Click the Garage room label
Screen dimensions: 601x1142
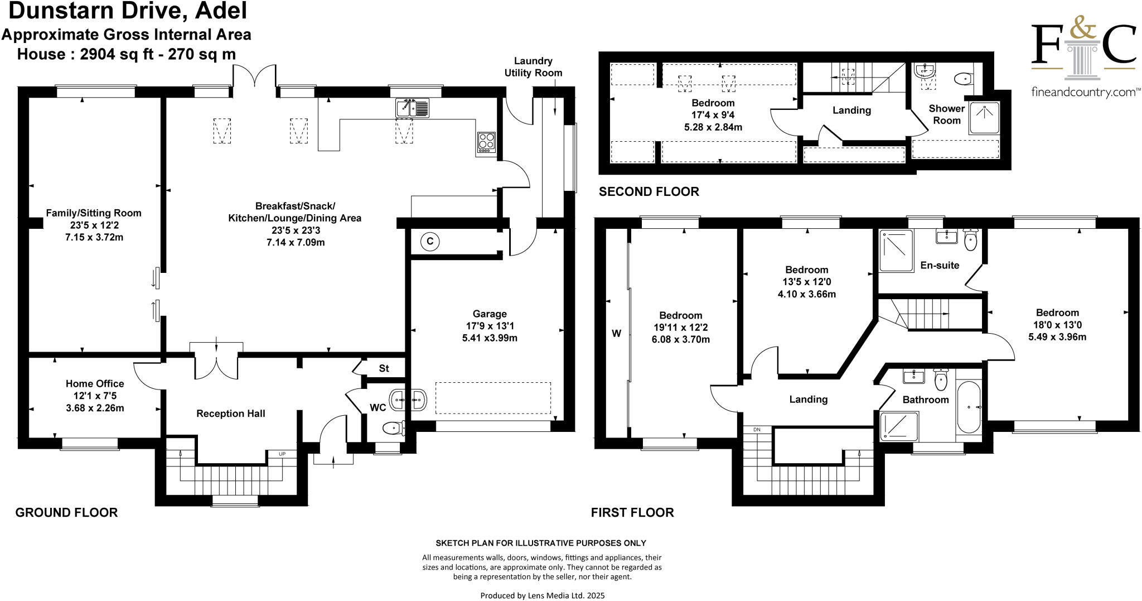click(x=490, y=314)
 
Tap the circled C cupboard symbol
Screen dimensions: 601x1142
click(x=429, y=242)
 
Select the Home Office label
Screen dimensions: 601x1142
click(x=95, y=383)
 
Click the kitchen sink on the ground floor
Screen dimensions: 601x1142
click(x=412, y=108)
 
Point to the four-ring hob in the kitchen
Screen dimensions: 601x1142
click(x=486, y=142)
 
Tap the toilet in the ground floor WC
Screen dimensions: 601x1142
click(x=392, y=429)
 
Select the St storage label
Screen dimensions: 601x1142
click(x=384, y=368)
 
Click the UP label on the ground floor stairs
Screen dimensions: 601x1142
click(x=282, y=454)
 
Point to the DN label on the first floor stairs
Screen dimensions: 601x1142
click(x=757, y=430)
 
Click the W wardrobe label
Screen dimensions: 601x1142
click(x=616, y=334)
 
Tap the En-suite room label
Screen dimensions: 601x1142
click(x=940, y=265)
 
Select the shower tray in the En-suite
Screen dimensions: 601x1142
click(x=896, y=251)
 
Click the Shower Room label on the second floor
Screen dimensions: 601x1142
click(x=946, y=114)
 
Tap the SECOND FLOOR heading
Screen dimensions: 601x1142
click(x=649, y=192)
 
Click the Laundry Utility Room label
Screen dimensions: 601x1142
click(x=533, y=67)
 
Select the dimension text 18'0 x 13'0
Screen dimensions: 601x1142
click(x=1057, y=325)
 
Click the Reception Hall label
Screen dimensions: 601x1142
click(x=230, y=414)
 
